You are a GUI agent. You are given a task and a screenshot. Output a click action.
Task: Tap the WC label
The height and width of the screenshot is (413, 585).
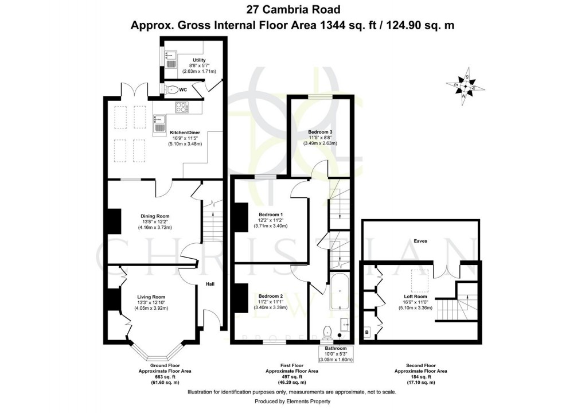[183, 89]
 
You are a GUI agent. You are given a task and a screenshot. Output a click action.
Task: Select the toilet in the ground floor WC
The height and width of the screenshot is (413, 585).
[171, 89]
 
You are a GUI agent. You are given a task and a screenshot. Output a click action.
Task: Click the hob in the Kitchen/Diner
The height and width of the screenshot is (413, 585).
[182, 107]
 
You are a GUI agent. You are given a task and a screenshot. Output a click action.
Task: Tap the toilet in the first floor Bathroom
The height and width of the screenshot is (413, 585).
[327, 332]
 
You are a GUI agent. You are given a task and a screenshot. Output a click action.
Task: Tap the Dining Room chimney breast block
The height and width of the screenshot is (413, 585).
[114, 221]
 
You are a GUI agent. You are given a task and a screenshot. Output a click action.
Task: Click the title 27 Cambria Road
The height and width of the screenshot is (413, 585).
[292, 9]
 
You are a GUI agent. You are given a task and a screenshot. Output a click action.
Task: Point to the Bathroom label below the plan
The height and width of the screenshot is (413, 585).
[336, 348]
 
